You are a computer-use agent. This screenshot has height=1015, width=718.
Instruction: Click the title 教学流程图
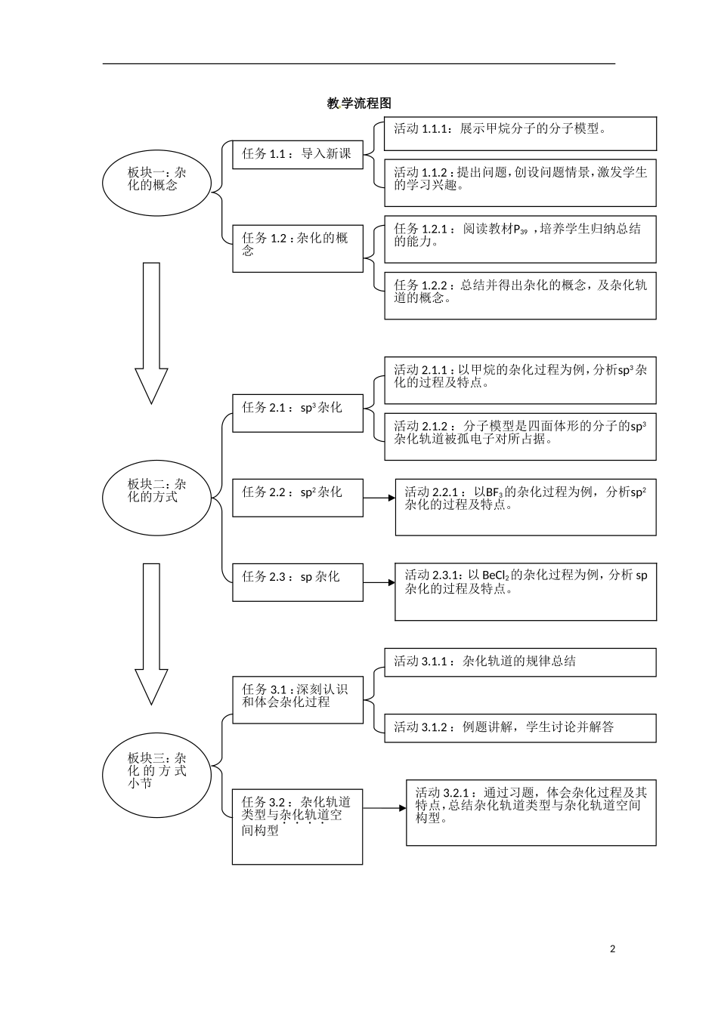point(359,103)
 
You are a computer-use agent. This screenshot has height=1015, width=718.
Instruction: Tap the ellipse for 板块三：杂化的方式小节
point(156,770)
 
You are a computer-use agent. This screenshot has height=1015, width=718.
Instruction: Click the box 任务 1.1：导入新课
point(297,154)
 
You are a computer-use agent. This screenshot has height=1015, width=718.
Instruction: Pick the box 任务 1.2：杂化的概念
point(297,248)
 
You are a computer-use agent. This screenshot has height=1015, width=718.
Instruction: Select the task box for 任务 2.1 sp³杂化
point(297,412)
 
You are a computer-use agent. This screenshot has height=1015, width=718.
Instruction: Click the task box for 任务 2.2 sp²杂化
point(297,498)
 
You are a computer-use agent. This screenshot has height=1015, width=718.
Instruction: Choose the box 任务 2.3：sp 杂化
point(297,582)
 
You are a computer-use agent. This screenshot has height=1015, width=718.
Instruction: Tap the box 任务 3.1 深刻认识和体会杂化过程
point(297,699)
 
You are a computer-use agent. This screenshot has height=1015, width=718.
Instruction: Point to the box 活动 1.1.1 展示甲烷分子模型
point(520,134)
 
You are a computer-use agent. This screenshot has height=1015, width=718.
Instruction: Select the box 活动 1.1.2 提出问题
point(520,182)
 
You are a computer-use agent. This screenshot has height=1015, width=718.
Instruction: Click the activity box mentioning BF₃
point(525,507)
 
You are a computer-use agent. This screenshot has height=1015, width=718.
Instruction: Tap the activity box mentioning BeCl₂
point(525,591)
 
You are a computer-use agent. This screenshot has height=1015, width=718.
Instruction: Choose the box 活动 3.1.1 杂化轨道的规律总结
point(520,662)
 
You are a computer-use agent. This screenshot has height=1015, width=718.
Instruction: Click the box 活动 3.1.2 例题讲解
point(520,728)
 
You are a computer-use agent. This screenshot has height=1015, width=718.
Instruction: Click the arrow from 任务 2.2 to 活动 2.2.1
point(379,498)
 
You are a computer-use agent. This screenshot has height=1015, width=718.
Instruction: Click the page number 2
point(612,949)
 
